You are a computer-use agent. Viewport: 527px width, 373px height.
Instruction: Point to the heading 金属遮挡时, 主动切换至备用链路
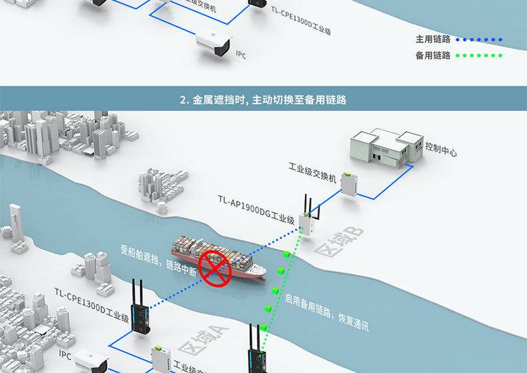(263, 100)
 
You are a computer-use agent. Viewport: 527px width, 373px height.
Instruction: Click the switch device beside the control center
(349, 183)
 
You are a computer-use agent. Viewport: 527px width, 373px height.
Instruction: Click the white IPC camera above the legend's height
(213, 44)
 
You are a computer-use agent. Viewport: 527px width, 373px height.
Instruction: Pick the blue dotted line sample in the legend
(479, 39)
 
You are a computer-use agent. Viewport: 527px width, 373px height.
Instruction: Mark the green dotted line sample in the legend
(479, 55)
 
